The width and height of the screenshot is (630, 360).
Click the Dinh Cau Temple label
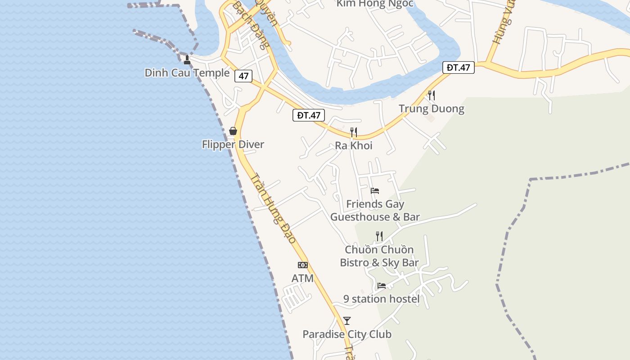187,73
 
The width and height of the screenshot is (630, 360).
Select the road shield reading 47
243,76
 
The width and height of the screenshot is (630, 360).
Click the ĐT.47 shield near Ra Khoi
309,115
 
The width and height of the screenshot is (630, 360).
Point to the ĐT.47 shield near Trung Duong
459,67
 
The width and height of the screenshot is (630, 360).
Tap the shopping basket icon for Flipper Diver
233,131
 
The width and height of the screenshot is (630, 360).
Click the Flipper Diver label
233,144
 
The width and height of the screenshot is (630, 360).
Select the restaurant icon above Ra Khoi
354,132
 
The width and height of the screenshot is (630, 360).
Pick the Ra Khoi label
354,146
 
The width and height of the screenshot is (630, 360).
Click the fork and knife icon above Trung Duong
431,95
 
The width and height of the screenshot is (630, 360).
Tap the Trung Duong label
431,109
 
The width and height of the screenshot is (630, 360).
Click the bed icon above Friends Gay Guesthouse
375,190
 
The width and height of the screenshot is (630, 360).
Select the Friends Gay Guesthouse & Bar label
375,211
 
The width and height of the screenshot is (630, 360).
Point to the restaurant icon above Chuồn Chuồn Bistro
379,236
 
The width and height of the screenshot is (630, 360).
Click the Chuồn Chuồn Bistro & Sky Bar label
379,256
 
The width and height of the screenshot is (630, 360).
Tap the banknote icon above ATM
303,265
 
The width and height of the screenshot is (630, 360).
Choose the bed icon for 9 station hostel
382,285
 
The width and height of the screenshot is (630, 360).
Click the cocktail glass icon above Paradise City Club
347,321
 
